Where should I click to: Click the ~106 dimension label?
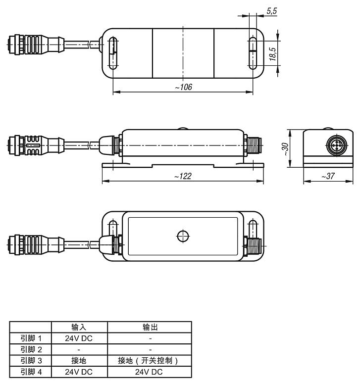point(183,87)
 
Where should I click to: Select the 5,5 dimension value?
point(272,10)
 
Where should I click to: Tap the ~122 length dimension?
point(183,176)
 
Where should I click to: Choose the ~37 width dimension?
point(327,176)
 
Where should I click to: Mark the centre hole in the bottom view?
point(183,236)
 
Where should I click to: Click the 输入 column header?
point(79,328)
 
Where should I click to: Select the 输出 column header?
point(150,328)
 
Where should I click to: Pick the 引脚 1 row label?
point(31,338)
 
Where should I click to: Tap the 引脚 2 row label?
point(31,349)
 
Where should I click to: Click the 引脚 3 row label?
point(31,361)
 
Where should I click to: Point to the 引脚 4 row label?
point(31,372)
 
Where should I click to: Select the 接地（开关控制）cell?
point(150,361)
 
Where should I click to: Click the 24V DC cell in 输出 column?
point(150,372)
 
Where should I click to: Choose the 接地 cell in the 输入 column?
point(79,361)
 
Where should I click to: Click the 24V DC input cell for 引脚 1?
point(79,338)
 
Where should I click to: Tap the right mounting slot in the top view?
point(253,52)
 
